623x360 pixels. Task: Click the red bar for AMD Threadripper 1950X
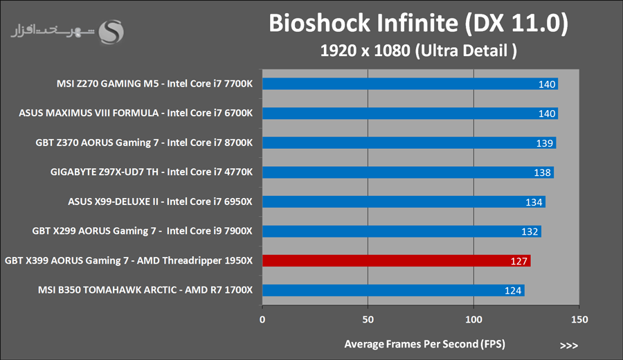click(x=396, y=261)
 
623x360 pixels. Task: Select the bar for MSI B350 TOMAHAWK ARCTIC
click(x=392, y=290)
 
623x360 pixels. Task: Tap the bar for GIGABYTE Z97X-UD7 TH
click(x=407, y=172)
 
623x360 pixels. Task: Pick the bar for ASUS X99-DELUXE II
click(x=403, y=202)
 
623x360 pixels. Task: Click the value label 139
click(x=544, y=143)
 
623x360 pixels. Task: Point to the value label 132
click(x=530, y=232)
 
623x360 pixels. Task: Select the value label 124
click(x=513, y=291)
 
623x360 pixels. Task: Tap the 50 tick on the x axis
click(x=368, y=320)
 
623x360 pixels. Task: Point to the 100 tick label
click(x=473, y=320)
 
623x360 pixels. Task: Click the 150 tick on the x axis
click(x=579, y=320)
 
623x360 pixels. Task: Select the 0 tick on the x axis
click(x=262, y=320)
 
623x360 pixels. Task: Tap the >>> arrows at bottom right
click(x=568, y=345)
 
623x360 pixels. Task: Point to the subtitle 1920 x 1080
click(x=418, y=51)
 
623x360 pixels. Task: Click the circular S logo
click(x=112, y=31)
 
